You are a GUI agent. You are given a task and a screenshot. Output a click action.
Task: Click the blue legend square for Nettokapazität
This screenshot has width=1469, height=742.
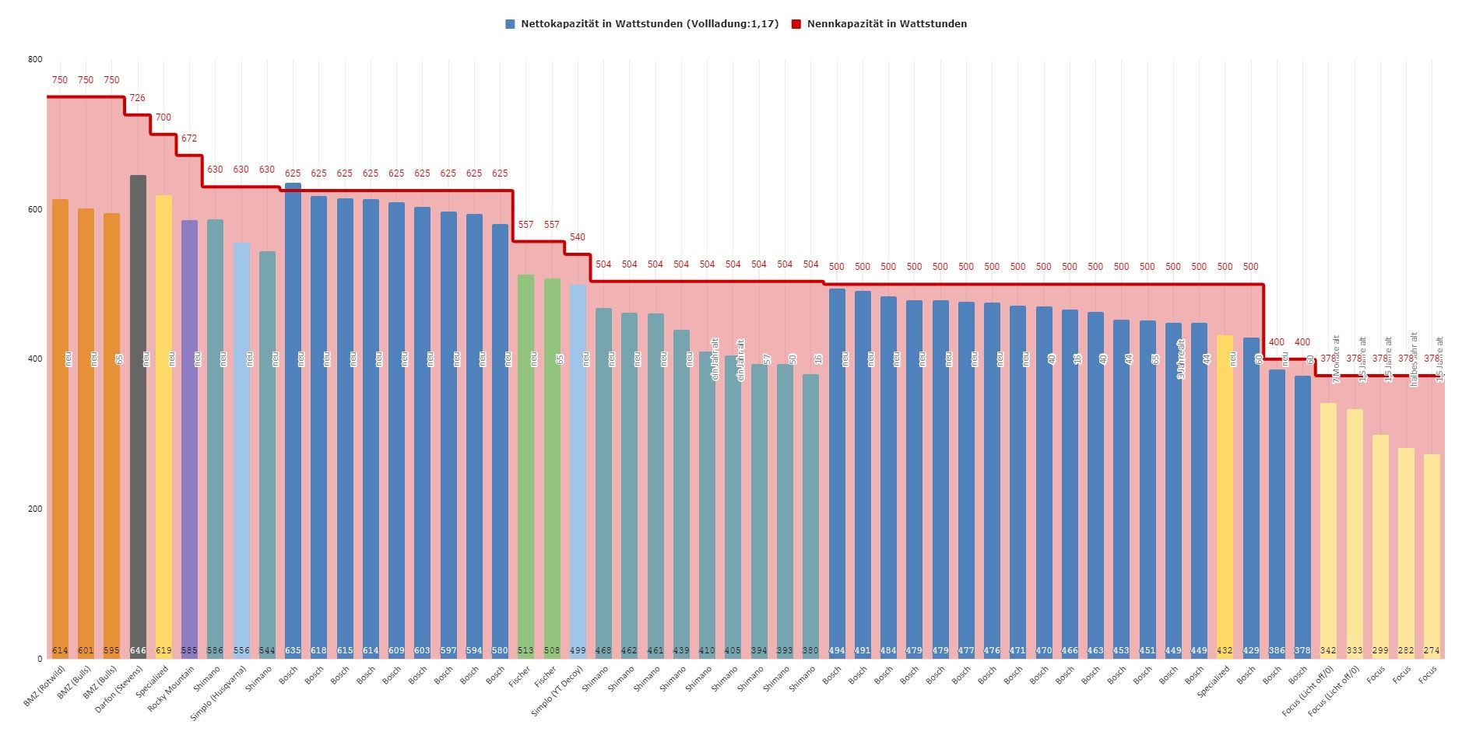coord(510,24)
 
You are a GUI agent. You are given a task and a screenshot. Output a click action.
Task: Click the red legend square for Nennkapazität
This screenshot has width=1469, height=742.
coord(796,24)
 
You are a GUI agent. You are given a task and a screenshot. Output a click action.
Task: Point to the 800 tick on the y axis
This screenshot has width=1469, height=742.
coord(35,59)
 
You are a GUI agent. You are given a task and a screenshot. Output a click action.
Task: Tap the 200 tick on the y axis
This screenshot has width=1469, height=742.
coord(35,509)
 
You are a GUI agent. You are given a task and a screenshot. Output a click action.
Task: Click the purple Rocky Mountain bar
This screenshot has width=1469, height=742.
coord(189,439)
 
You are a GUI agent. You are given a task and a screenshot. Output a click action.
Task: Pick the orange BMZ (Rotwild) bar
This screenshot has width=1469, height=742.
coord(60,428)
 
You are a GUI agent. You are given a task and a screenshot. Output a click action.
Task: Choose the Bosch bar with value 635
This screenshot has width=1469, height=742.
coord(293,420)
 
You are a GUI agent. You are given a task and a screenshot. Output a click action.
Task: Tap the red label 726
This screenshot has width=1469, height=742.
coord(137,98)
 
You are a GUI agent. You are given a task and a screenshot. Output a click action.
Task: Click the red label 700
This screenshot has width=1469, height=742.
coord(163,117)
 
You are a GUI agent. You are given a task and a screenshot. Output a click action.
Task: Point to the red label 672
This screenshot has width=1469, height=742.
coord(189,138)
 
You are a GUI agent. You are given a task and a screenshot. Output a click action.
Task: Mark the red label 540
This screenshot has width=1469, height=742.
coord(578,237)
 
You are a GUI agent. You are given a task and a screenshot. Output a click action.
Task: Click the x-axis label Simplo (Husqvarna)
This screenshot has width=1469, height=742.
coord(220,692)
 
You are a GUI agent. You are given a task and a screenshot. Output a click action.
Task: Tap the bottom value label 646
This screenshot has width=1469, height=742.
coord(138,650)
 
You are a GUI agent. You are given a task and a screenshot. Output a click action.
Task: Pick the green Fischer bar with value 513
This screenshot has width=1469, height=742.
coord(525,467)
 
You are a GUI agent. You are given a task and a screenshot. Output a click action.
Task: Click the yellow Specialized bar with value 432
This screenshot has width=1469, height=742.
coord(1225,498)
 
